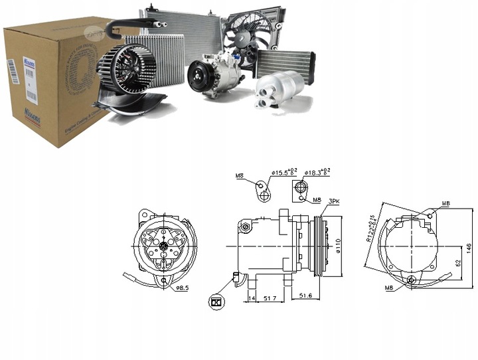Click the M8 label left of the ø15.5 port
(x=240, y=176)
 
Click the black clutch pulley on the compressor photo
(x=198, y=76)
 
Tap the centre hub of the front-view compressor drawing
(x=163, y=247)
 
